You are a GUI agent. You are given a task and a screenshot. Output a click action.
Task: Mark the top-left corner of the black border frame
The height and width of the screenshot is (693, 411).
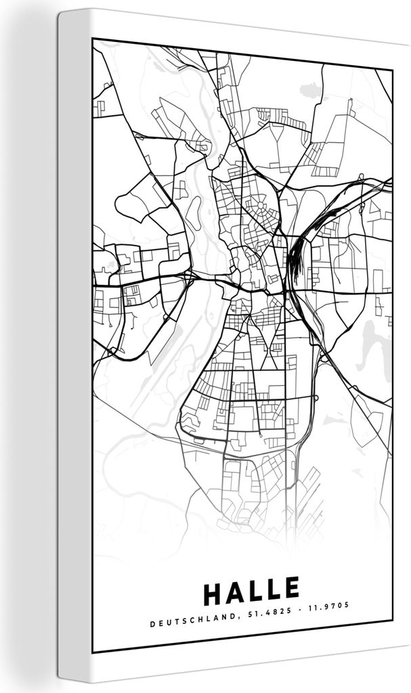tap(93, 39)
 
